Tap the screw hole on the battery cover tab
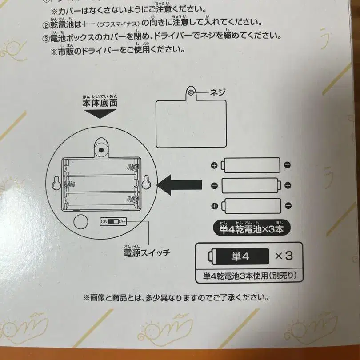(x=191, y=92)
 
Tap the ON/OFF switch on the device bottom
(x=114, y=221)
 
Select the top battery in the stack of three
(x=251, y=165)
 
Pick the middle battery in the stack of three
(x=250, y=185)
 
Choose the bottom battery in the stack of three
(x=251, y=205)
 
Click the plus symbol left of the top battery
(x=214, y=165)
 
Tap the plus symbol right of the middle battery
(x=288, y=185)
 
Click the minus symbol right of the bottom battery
(x=288, y=205)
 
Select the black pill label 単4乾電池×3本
(x=252, y=229)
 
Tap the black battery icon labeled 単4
(x=239, y=256)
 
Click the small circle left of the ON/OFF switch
(x=81, y=221)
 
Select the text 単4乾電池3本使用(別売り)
(x=248, y=276)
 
